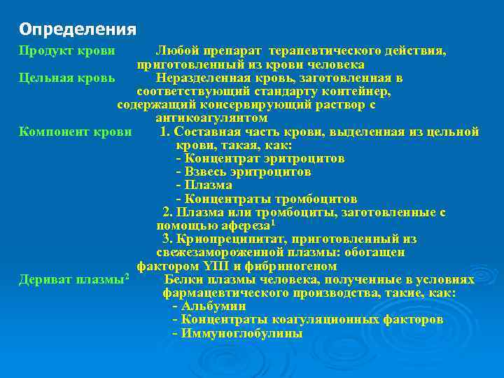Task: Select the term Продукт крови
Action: click(x=67, y=51)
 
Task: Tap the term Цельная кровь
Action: click(x=67, y=78)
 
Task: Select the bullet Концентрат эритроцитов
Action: click(x=260, y=158)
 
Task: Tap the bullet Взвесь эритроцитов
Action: click(x=244, y=171)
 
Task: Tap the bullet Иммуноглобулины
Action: click(x=237, y=333)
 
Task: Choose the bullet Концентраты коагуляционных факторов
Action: click(x=307, y=320)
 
